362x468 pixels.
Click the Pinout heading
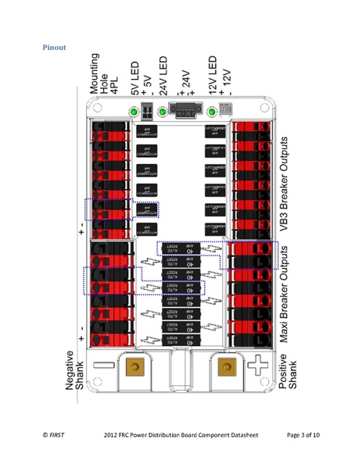[x=54, y=48]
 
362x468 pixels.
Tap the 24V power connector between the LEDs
[x=185, y=113]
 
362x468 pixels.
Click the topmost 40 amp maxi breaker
[x=181, y=248]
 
